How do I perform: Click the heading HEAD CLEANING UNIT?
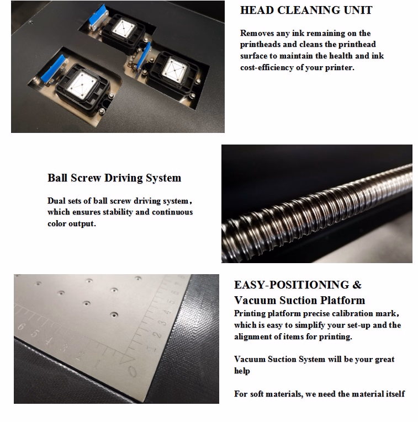coord(306,10)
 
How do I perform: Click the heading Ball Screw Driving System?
coord(114,178)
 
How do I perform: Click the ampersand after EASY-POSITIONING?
coord(357,285)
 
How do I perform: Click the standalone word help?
coord(242,371)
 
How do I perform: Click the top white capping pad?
coord(123,28)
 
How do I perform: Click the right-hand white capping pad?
coord(174,68)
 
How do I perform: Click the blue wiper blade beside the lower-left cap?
coord(53,68)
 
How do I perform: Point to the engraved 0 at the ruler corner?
coord(132,372)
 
